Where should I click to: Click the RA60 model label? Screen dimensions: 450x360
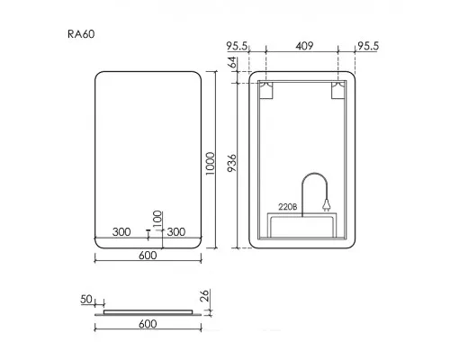point(81,34)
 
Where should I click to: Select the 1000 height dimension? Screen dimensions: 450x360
point(211,164)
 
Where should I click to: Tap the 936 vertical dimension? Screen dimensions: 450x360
point(232,163)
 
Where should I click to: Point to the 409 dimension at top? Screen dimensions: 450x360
point(304,46)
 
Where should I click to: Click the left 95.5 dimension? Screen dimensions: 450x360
point(237,46)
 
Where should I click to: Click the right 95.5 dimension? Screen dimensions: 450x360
point(368,46)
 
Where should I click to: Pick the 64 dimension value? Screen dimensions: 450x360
point(232,62)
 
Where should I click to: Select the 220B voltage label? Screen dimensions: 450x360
point(287,207)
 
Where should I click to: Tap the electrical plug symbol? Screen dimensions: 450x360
point(327,205)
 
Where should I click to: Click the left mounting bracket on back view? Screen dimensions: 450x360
point(266,90)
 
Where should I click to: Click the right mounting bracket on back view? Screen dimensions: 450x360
point(338,90)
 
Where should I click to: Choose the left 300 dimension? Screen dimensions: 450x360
point(121,232)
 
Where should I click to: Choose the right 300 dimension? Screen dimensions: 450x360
point(176,232)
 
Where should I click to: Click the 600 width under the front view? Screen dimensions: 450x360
point(148,256)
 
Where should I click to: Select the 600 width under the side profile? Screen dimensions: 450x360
point(148,324)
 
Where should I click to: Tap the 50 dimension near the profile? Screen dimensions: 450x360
point(86,299)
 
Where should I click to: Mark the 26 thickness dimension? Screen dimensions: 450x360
point(204,296)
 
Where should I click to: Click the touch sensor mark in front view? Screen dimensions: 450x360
point(148,230)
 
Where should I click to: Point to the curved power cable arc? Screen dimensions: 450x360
point(314,174)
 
